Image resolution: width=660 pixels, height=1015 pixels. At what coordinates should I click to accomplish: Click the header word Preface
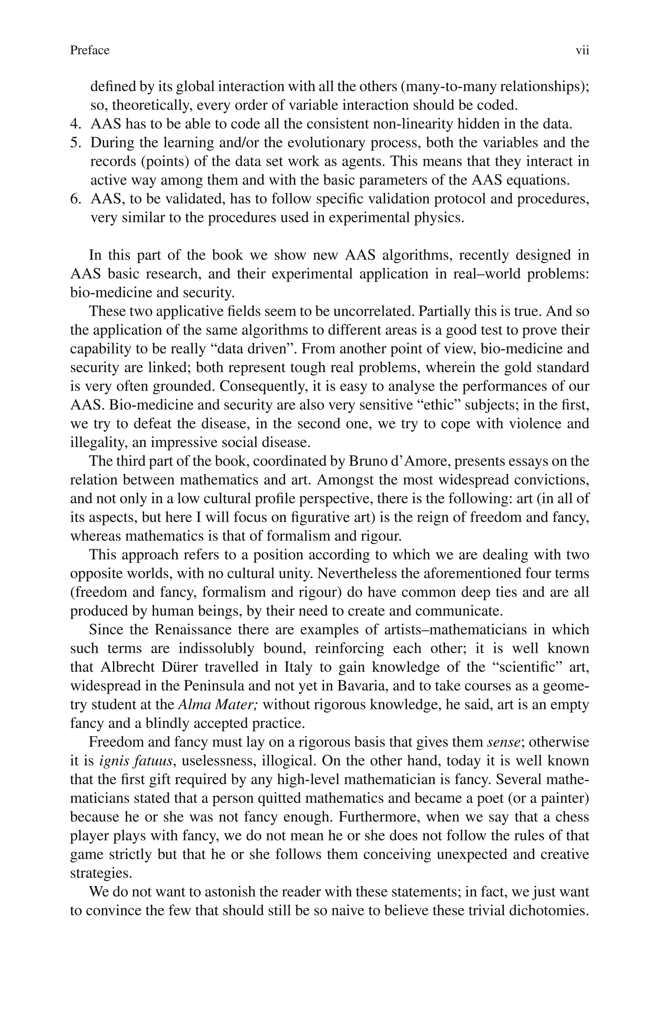tap(90, 50)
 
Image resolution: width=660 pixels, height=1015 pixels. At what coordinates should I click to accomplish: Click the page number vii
tap(582, 50)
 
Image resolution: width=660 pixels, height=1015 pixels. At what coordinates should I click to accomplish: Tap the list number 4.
tap(75, 124)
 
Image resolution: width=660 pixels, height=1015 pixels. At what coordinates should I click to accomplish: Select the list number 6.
tap(75, 199)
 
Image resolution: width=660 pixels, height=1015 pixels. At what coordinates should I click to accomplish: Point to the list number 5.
tap(75, 143)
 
